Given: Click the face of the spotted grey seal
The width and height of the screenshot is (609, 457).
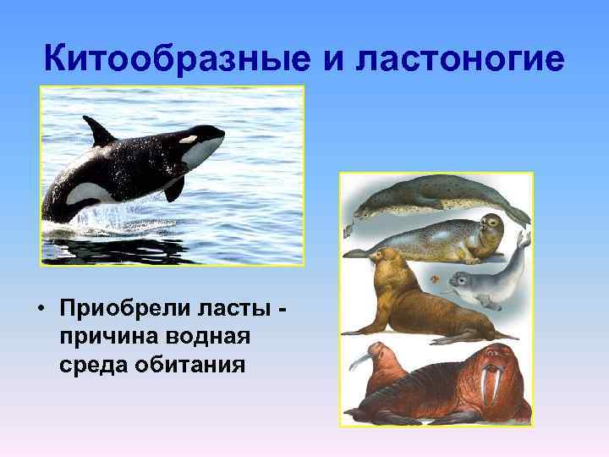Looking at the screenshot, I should [489, 225].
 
